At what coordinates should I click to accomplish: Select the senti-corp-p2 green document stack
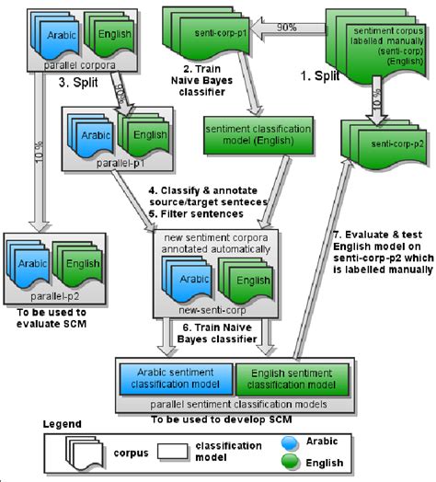click(377, 143)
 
